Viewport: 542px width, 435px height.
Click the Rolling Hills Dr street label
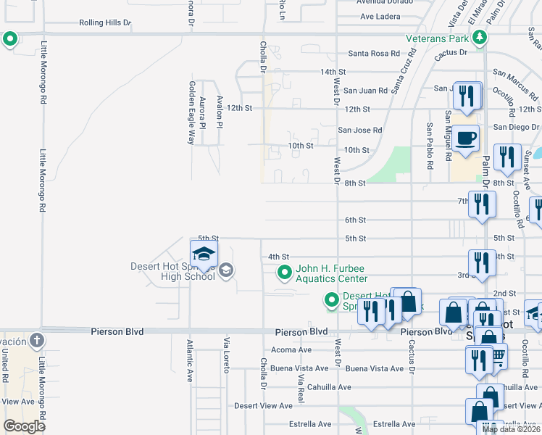pyautogui.click(x=105, y=22)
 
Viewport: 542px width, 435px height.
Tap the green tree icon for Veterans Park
pyautogui.click(x=479, y=36)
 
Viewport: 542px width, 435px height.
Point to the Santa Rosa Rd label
pyautogui.click(x=374, y=53)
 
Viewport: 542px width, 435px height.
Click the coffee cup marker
pyautogui.click(x=467, y=137)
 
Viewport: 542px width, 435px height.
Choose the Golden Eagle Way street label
pyautogui.click(x=192, y=112)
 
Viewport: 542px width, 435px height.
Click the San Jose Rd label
pyautogui.click(x=359, y=130)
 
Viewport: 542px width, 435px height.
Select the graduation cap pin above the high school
pyautogui.click(x=204, y=254)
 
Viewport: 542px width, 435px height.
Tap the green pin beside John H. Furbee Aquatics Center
pyautogui.click(x=285, y=273)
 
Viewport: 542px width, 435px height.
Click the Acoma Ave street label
pyautogui.click(x=291, y=349)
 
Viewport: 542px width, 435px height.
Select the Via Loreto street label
pyautogui.click(x=227, y=355)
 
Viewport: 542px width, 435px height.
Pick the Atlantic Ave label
pyautogui.click(x=190, y=361)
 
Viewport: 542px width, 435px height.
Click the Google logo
pyautogui.click(x=24, y=426)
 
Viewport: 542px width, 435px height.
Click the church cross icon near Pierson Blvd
pyautogui.click(x=37, y=340)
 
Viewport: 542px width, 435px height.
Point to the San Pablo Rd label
pyautogui.click(x=430, y=141)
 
